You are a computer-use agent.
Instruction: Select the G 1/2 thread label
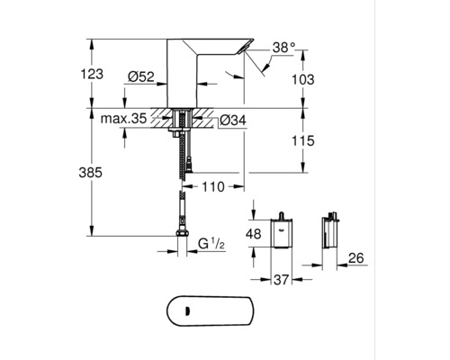tap(213, 244)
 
